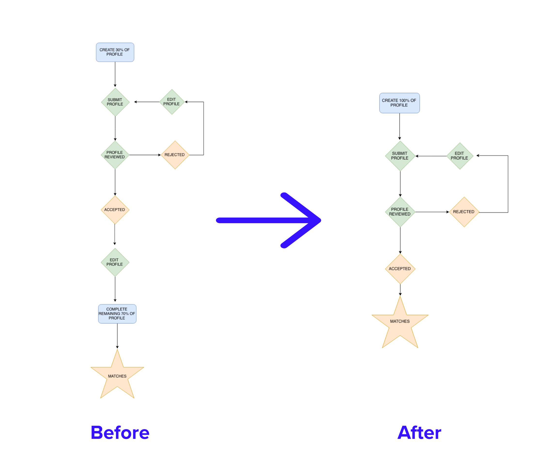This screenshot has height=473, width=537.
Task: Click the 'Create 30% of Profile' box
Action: (x=115, y=52)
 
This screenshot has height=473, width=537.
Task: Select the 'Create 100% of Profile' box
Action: (x=399, y=103)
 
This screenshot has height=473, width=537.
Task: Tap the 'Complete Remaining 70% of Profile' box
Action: (x=117, y=314)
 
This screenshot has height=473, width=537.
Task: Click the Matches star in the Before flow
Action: (x=117, y=376)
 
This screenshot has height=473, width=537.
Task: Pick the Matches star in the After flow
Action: (x=400, y=321)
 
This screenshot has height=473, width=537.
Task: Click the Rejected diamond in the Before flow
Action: (x=175, y=155)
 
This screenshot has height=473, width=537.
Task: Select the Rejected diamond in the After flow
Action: (x=464, y=212)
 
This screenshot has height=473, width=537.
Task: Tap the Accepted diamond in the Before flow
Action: (x=115, y=210)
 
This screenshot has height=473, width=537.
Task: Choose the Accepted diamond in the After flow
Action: (x=400, y=269)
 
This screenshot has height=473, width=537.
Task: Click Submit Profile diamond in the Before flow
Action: (x=115, y=102)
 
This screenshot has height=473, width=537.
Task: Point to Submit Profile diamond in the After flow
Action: (x=400, y=156)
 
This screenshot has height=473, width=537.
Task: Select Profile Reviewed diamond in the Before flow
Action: (x=115, y=155)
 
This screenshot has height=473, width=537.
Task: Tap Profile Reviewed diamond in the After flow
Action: (x=400, y=212)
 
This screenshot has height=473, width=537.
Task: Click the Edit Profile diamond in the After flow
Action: (x=460, y=156)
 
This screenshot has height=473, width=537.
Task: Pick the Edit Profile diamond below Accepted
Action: (x=115, y=262)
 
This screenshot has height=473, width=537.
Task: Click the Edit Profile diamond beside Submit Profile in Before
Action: (x=172, y=102)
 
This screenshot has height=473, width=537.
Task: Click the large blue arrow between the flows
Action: (x=268, y=220)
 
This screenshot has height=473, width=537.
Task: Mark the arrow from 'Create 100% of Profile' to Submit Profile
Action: (x=399, y=126)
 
